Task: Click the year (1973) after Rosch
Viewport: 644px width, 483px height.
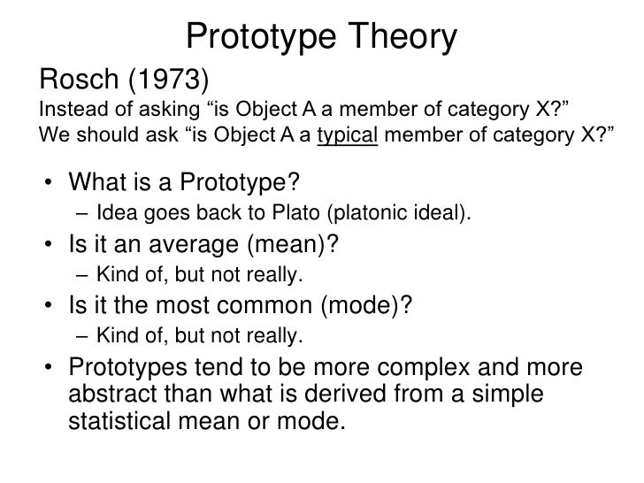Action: [165, 80]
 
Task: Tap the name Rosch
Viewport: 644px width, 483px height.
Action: [77, 80]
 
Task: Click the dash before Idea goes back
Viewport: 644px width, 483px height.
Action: [82, 213]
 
